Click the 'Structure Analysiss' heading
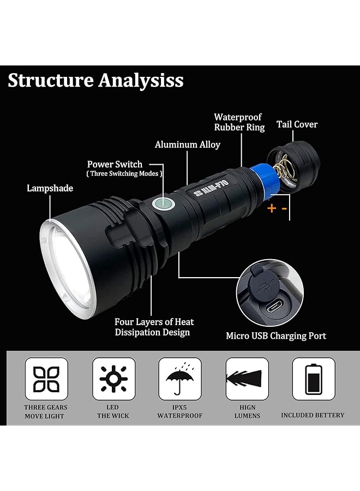point(95,80)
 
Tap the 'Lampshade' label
point(50,188)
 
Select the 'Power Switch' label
point(115,164)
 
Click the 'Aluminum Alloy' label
point(187,145)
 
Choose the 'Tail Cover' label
point(297,124)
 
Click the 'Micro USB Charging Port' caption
point(276,336)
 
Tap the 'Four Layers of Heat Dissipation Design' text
point(154,327)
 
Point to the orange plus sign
point(271,207)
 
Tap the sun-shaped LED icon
point(113,379)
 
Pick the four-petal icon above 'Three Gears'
point(46,379)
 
